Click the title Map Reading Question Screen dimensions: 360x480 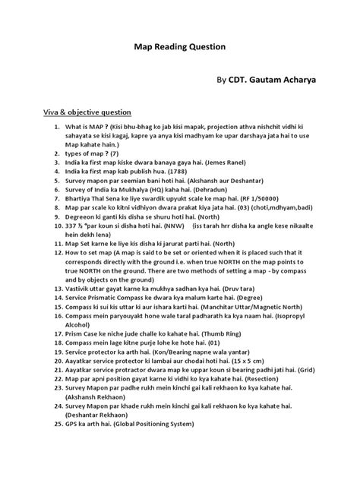pos(180,46)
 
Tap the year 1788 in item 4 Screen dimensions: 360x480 pos(190,172)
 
